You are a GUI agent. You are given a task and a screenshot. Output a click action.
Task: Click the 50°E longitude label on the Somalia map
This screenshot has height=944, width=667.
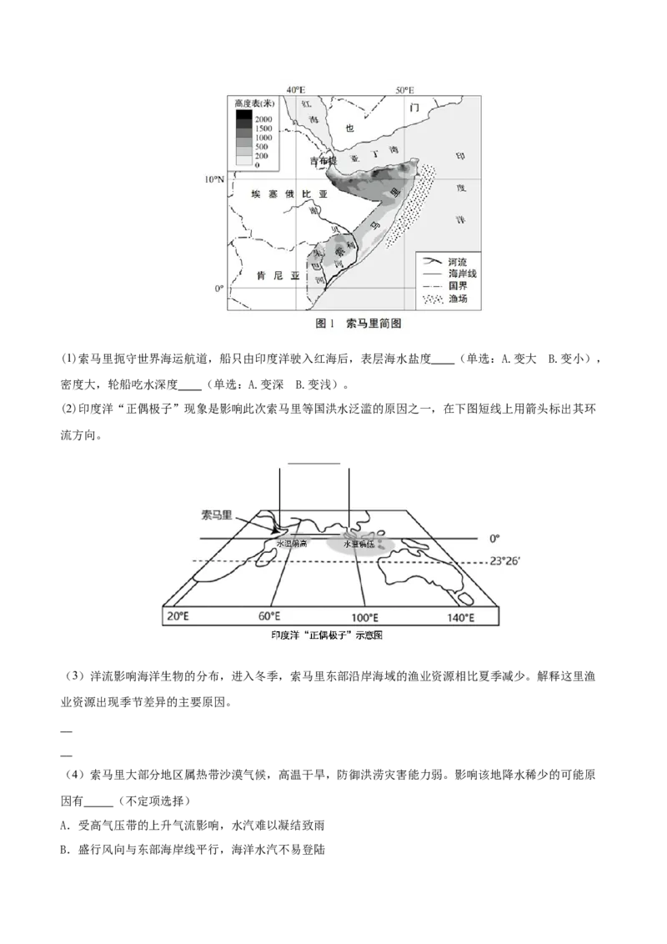[x=405, y=90]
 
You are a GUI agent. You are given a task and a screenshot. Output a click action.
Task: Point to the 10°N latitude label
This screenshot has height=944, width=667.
[x=216, y=179]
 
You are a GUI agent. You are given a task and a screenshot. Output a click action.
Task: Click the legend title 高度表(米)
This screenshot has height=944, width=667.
[x=255, y=103]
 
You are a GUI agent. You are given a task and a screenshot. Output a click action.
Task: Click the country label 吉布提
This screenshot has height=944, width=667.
[x=322, y=161]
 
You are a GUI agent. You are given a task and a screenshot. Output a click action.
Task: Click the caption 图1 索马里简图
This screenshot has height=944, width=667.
[x=359, y=324]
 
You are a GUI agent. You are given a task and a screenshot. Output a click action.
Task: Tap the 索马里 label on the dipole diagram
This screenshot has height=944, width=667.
[x=218, y=515]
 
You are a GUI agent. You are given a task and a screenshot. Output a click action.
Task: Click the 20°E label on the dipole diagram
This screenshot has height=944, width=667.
[x=178, y=617]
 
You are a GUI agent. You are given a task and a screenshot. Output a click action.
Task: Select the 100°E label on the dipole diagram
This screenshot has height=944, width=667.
[x=364, y=617]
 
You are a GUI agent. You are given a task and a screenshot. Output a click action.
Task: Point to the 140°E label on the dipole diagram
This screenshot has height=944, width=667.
[x=460, y=617]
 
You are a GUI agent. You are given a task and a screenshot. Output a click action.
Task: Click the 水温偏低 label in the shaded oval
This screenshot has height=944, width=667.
[x=359, y=545]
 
